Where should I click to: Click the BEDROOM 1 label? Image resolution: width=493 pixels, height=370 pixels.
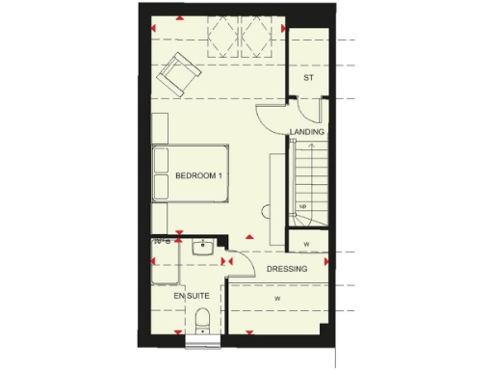199,174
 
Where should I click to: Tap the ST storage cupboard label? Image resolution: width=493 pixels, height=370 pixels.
309,77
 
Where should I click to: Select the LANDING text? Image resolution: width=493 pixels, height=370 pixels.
307,132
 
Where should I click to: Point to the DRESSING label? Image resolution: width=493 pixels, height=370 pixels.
287,269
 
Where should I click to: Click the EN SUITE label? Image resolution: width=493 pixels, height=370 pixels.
192,296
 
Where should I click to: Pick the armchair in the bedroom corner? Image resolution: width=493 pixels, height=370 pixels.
179,74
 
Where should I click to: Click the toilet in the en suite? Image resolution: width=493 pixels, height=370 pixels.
203,320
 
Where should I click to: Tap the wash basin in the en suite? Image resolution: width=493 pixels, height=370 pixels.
202,249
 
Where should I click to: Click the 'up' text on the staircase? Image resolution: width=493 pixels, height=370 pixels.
302,206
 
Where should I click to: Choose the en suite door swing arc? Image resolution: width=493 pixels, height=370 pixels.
231,270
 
